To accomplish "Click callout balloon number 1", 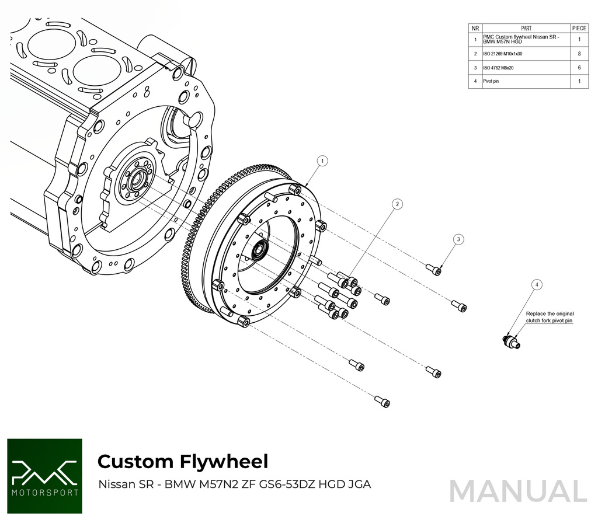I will coord(322,160).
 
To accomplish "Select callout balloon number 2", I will coord(397,204).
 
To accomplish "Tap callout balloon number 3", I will coord(459,239).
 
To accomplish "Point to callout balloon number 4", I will coord(537,284).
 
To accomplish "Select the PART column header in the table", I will coord(526,28).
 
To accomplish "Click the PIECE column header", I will coord(579,28).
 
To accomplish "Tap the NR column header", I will coord(475,28).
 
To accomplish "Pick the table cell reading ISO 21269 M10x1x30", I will coord(503,54).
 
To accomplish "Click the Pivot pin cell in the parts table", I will coord(491,82).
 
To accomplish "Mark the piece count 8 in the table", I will coord(579,54).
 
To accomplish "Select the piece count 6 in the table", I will coord(579,68).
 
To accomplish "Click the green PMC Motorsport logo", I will coord(44,476).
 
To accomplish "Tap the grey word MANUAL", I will coord(518,491).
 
